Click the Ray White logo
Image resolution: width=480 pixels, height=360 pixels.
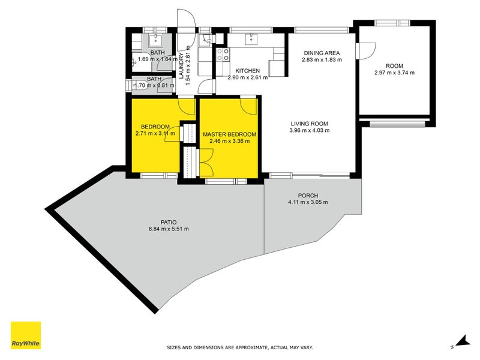click(26, 335)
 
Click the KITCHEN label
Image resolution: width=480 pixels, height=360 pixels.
click(247, 70)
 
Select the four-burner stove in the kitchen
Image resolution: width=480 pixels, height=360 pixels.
click(223, 55)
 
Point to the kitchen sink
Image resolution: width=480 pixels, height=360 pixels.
click(251, 40)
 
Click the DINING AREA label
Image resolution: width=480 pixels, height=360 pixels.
click(322, 53)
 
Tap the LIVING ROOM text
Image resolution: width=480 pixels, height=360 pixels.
click(309, 124)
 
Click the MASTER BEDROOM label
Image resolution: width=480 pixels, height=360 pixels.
click(229, 134)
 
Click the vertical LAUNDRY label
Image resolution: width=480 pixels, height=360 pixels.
click(181, 65)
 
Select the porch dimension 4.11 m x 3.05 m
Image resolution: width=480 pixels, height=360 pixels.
click(308, 202)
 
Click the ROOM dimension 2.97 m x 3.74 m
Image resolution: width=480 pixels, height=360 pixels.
click(394, 73)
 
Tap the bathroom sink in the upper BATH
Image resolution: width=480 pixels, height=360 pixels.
click(157, 40)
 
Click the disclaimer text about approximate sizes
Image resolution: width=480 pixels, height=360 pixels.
click(239, 347)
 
